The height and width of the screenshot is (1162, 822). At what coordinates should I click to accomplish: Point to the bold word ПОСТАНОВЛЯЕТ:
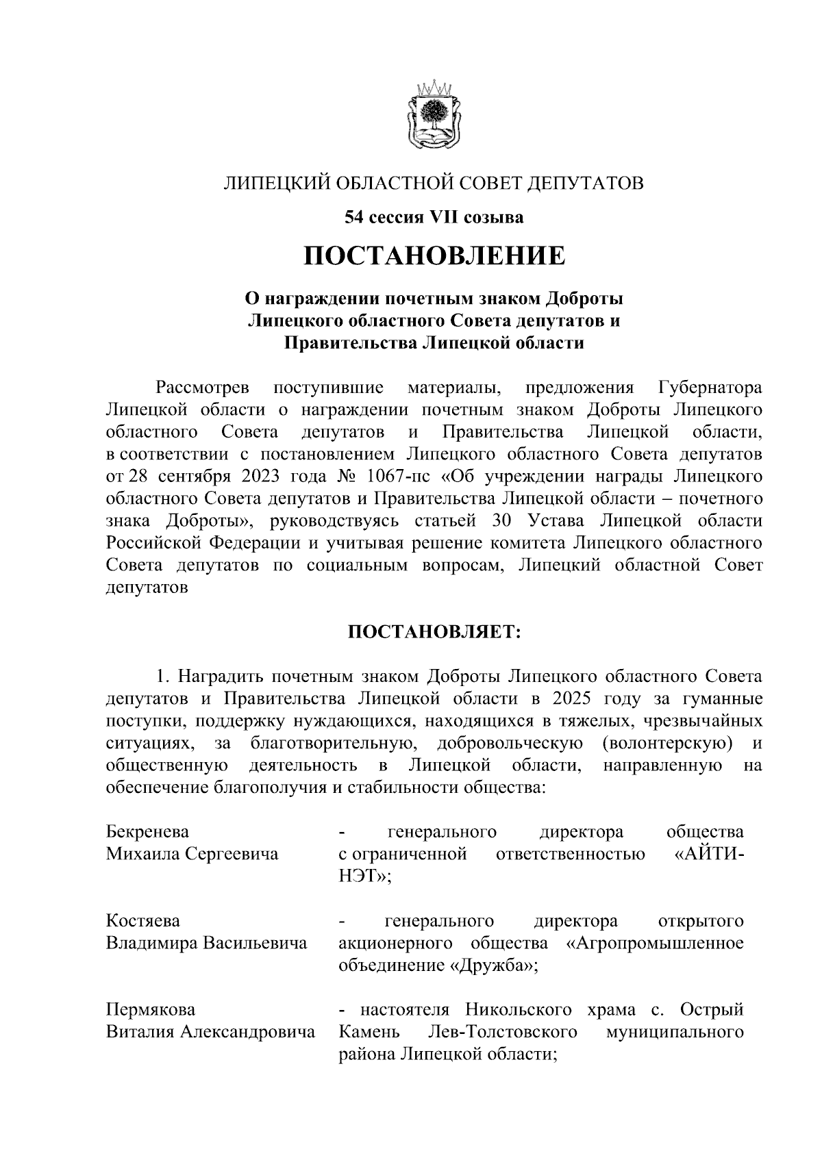coord(435,631)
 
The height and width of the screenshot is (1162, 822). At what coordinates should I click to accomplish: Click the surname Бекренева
coord(147,832)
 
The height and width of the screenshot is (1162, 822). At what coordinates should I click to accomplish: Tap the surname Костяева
coord(143,921)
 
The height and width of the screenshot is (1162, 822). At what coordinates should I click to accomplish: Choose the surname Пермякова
coord(151,1010)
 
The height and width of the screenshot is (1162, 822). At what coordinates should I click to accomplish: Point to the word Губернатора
coord(710,388)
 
